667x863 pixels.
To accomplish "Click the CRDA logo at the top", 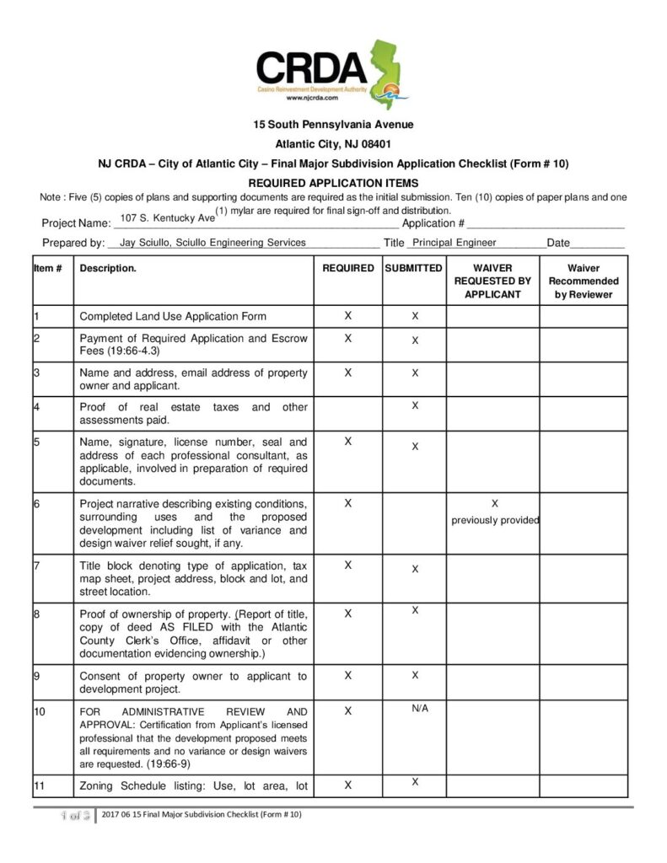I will pos(329,72).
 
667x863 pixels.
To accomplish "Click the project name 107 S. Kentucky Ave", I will pos(168,218).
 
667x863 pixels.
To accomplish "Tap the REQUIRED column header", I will pos(348,268).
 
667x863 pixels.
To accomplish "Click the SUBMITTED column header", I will pos(413,268).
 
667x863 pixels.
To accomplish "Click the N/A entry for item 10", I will pos(420,708).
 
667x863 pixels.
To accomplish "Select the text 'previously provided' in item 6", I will pos(495,520).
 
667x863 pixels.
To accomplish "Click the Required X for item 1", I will pos(348,316).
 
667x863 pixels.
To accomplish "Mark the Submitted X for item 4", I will pos(415,406).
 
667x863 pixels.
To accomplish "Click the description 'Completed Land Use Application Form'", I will pos(173,317).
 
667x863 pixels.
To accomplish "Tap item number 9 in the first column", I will pos(38,675).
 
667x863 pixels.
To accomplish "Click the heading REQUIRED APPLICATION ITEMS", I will pos(333,183).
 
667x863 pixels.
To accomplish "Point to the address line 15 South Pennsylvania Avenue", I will pos(333,125).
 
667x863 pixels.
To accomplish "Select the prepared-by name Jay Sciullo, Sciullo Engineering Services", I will pos(213,243).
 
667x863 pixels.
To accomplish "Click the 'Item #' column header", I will pos(48,268).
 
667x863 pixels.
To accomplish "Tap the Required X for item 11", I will pos(348,785).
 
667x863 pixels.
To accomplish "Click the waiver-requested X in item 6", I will pos(494,503).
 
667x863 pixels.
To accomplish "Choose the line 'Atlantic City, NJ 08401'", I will pos(333,144).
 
